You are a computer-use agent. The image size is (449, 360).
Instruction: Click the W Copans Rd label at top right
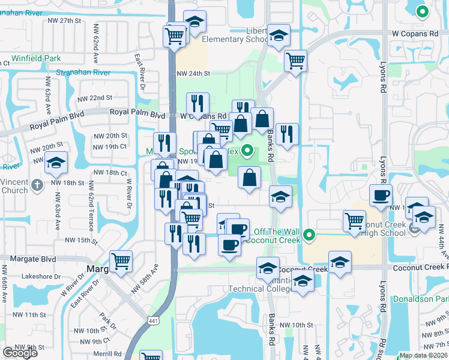(414, 34)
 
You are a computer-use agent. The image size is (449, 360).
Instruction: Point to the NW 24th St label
(193, 73)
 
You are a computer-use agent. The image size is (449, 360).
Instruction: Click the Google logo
(20, 353)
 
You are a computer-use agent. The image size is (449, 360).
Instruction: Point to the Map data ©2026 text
(423, 356)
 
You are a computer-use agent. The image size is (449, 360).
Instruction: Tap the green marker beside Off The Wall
(309, 235)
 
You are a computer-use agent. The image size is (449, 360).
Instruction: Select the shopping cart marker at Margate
(121, 262)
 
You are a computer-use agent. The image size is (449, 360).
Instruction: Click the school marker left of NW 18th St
(56, 163)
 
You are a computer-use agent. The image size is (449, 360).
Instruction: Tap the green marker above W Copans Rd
(422, 11)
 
